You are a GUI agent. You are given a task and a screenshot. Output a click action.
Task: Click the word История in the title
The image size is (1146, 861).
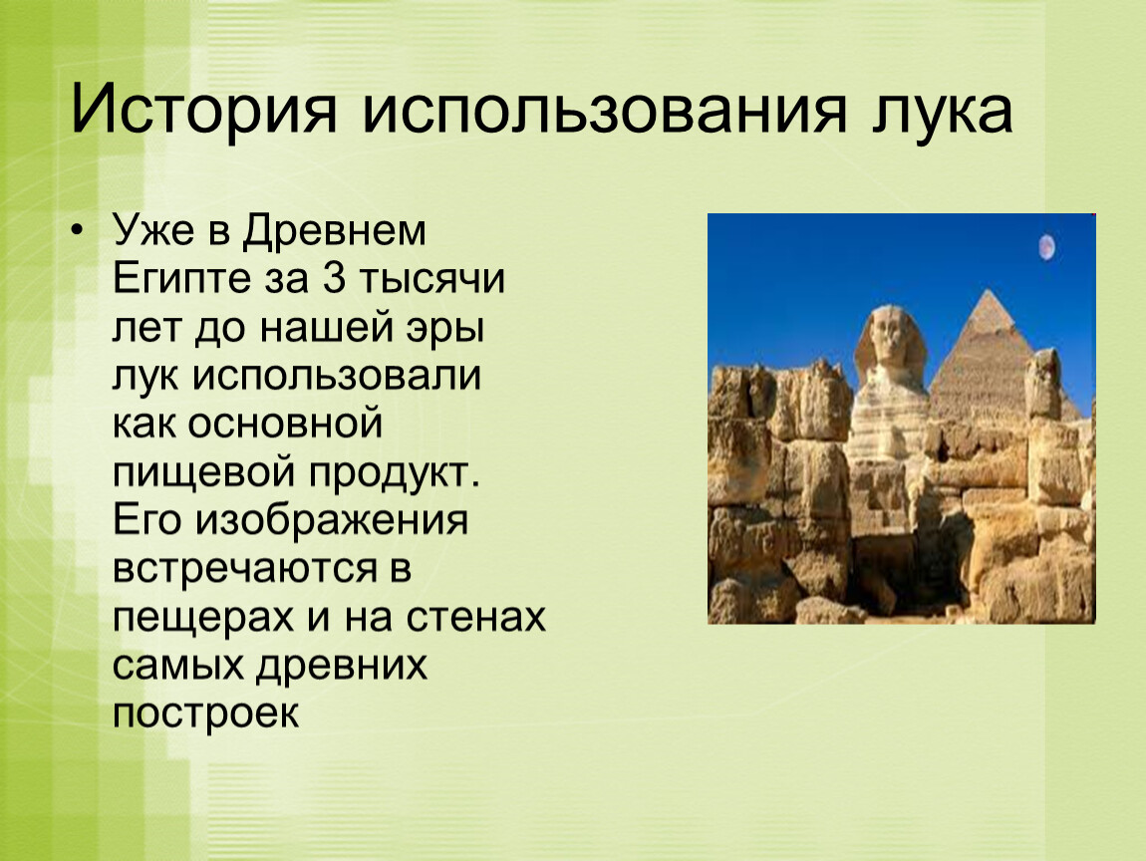(204, 112)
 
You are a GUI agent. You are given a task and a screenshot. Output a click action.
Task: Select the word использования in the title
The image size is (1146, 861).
(604, 110)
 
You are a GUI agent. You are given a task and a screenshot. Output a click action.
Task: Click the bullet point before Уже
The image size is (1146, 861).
(78, 232)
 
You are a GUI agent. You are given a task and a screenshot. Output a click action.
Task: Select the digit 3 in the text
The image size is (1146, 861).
(333, 278)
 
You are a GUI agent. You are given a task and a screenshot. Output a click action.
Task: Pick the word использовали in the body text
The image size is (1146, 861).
(337, 377)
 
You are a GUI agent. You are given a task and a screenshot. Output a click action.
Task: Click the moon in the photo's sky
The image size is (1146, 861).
(1046, 247)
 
